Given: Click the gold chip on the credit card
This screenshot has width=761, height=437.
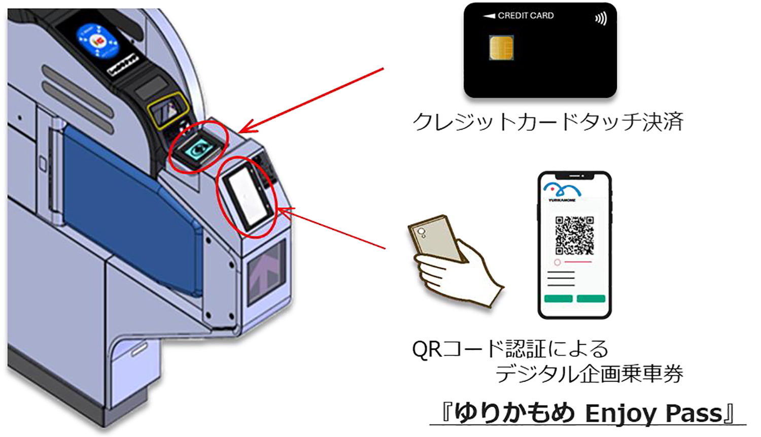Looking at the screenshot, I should click(501, 48).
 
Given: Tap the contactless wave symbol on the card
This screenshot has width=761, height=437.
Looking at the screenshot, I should click(601, 19).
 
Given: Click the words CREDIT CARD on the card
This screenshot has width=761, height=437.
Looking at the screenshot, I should click(526, 16).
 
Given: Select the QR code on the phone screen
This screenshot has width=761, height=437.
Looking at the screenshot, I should click(574, 235).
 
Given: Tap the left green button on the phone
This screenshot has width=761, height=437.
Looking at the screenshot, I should click(558, 298).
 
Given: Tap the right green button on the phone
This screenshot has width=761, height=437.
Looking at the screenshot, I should click(591, 298).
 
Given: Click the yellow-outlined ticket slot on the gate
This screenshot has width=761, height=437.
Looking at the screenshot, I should click(167, 109).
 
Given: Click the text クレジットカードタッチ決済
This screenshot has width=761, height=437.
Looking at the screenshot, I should click(548, 122).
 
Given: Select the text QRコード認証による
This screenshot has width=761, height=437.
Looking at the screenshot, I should click(510, 349).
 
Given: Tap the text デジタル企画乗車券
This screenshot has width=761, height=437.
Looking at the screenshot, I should click(589, 375).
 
